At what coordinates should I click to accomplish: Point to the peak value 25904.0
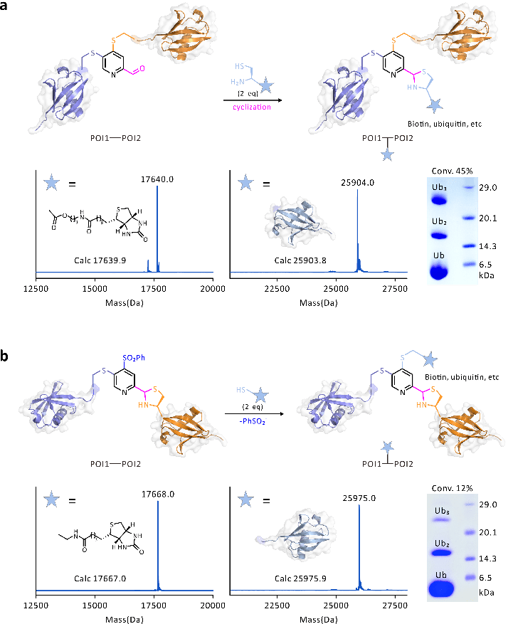click(x=357, y=181)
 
